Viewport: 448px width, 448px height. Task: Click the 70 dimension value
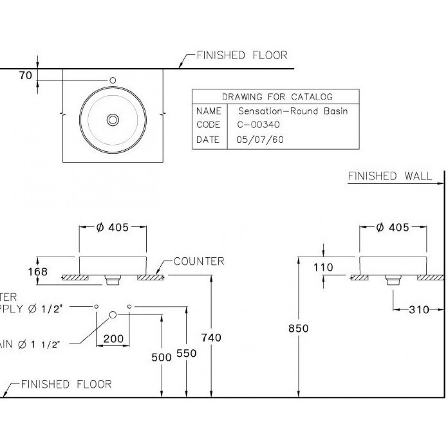(x=25, y=76)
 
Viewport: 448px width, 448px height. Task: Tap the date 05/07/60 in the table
(x=260, y=140)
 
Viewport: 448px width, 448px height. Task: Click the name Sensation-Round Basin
(x=293, y=111)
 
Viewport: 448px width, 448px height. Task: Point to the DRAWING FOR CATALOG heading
(x=277, y=97)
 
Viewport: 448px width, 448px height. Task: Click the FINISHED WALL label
(x=390, y=176)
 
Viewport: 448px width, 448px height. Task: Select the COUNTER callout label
(x=199, y=261)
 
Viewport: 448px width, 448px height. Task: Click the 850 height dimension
(x=299, y=328)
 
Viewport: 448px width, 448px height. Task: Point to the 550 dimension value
(x=187, y=353)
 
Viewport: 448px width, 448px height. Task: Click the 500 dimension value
(x=162, y=357)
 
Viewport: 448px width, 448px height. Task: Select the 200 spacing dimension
(x=113, y=339)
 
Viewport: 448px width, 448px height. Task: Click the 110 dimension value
(x=323, y=267)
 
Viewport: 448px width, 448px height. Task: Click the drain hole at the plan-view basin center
(x=113, y=120)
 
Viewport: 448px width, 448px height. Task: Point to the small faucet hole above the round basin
(x=113, y=80)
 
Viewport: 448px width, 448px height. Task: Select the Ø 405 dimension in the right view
(x=393, y=227)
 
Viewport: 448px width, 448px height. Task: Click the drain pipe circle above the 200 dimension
(x=113, y=315)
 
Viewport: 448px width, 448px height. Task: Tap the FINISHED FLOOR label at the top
(x=242, y=55)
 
